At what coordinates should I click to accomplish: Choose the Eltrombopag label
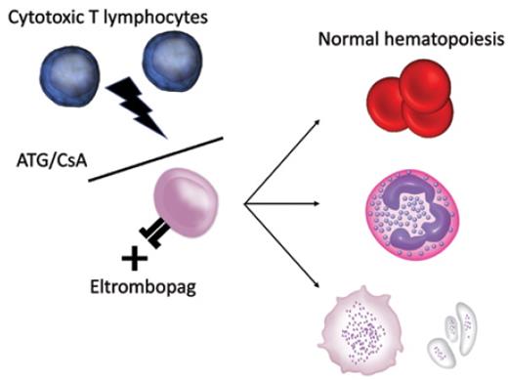130,288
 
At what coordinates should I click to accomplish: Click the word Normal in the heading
346,42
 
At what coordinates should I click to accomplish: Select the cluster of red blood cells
408,99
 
